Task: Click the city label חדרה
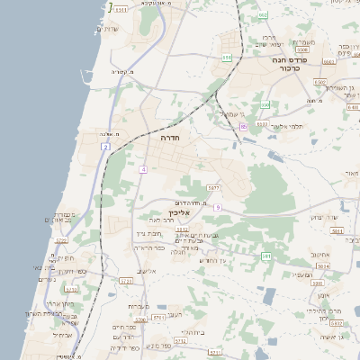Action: point(168,139)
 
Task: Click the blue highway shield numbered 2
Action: point(106,146)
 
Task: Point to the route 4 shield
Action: point(142,169)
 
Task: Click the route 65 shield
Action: point(243,127)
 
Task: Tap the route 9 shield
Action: point(218,207)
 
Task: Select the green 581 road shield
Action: point(266,256)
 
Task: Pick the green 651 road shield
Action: point(226,58)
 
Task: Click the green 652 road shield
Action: point(263,15)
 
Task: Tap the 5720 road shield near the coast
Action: point(61,241)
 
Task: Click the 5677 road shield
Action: point(212,187)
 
